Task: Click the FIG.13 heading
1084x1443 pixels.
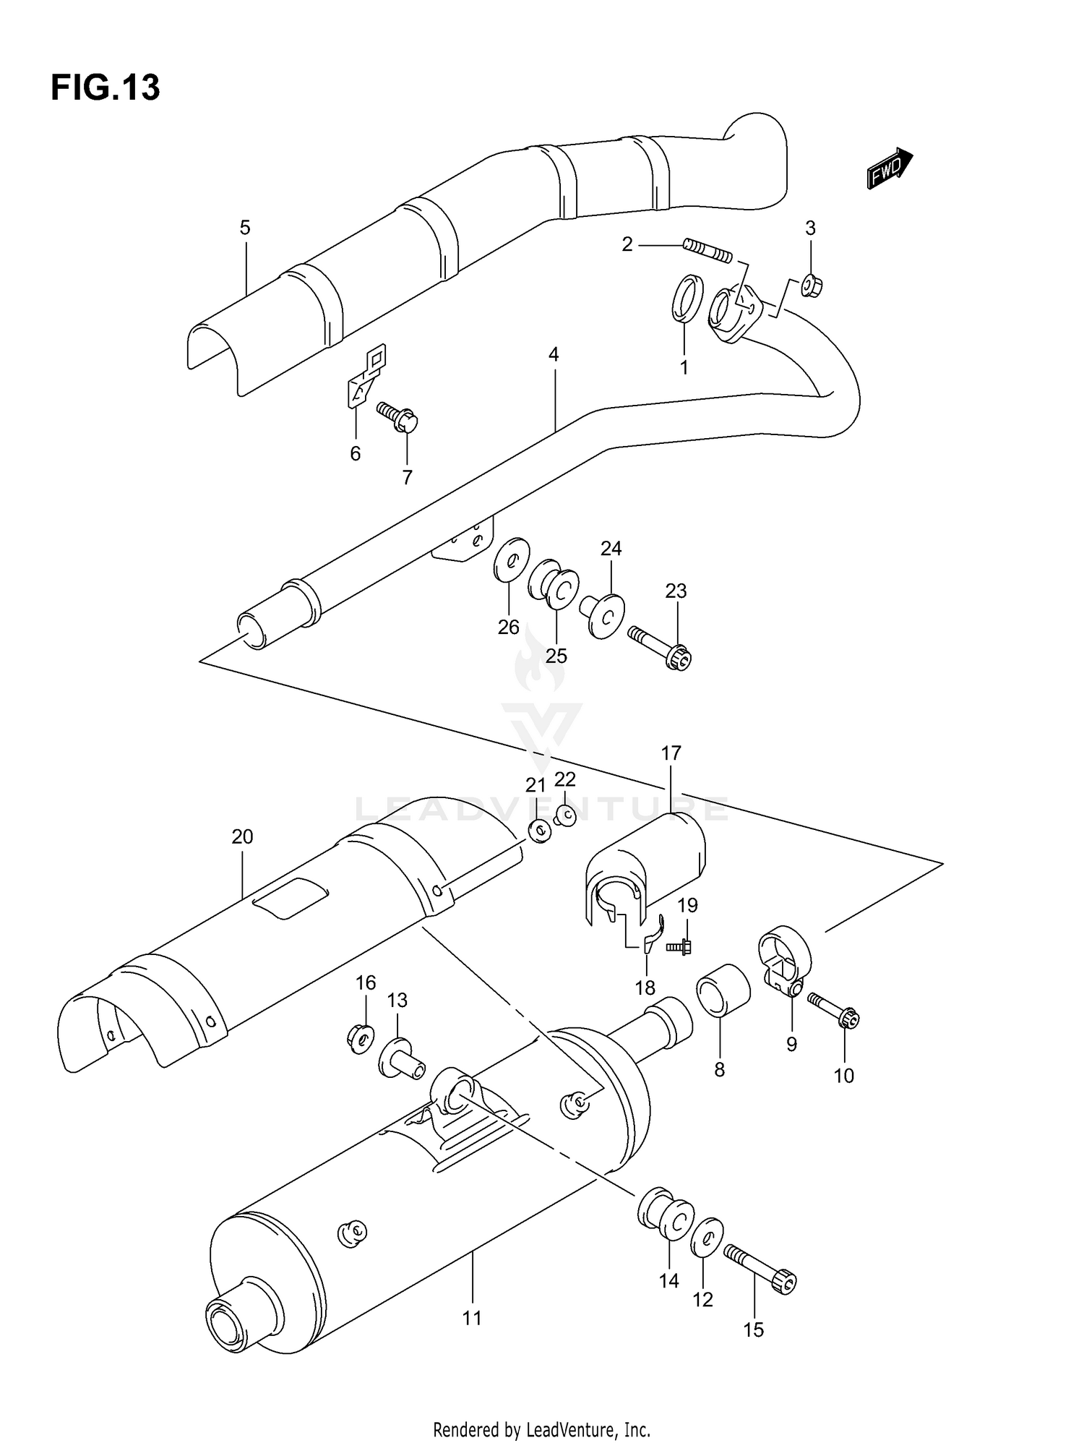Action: [x=105, y=88]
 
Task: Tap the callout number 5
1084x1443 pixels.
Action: [x=245, y=228]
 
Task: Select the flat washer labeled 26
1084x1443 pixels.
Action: [x=512, y=559]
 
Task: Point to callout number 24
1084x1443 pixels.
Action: [x=611, y=549]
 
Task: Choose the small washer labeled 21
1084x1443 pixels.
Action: [x=538, y=831]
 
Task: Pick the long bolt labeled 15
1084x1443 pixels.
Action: [x=760, y=1268]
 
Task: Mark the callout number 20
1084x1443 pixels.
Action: [x=242, y=837]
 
